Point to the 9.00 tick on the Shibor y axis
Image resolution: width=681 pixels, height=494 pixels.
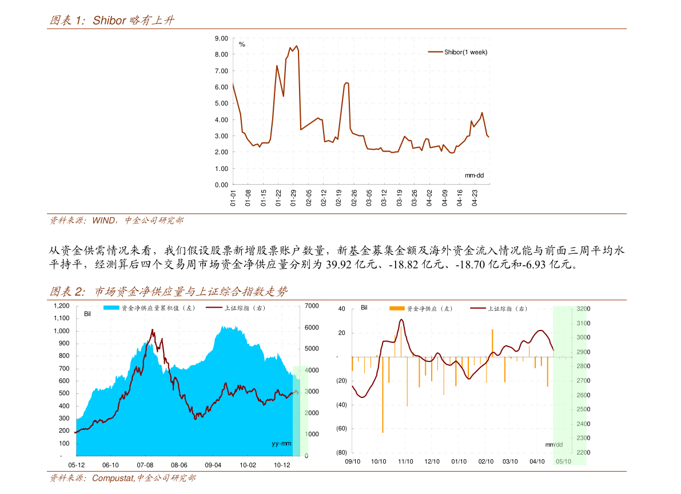tap(221, 38)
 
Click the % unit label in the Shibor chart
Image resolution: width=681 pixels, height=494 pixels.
tap(242, 44)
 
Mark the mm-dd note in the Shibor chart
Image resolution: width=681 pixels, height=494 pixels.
tap(474, 175)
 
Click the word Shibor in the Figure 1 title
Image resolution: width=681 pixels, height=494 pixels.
tap(109, 21)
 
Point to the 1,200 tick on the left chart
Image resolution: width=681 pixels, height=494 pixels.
tap(61, 306)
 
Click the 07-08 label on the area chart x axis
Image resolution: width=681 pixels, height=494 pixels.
tap(145, 465)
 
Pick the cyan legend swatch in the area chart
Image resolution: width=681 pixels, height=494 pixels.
tap(111, 308)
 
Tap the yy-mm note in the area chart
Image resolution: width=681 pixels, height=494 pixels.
tap(281, 444)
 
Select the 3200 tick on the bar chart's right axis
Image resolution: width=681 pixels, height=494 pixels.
tap(583, 309)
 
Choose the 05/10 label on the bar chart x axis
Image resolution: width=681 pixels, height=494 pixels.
tap(564, 461)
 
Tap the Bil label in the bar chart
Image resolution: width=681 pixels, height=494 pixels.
tap(364, 308)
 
